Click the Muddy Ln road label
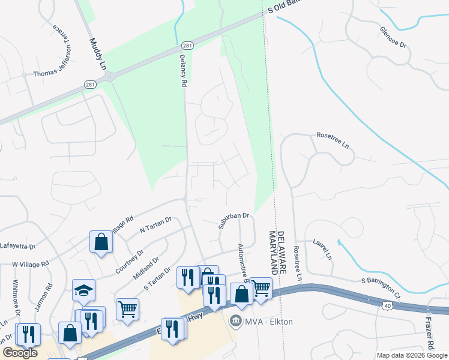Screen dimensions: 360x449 pyautogui.click(x=97, y=53)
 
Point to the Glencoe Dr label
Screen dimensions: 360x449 pyautogui.click(x=394, y=37)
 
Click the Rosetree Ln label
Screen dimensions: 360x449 pyautogui.click(x=333, y=140)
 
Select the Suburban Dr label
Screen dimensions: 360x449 pyautogui.click(x=234, y=220)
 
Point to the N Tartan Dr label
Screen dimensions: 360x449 pyautogui.click(x=155, y=225)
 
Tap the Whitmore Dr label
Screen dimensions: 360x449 pyautogui.click(x=17, y=298)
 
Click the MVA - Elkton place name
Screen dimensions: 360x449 pyautogui.click(x=268, y=322)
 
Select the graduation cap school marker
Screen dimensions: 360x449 pyautogui.click(x=83, y=290)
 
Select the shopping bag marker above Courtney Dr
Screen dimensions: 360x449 pyautogui.click(x=101, y=242)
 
